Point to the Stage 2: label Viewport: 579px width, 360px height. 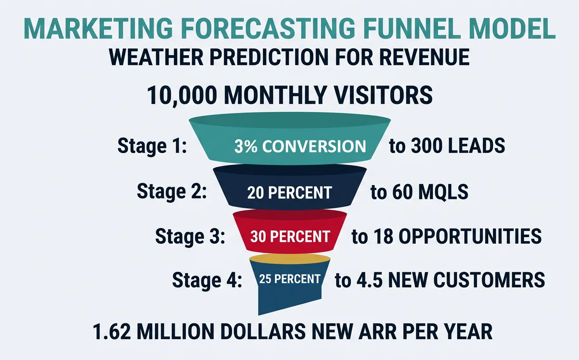[172, 192]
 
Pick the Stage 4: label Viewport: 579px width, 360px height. [207, 280]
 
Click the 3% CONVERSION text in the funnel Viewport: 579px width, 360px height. [300, 146]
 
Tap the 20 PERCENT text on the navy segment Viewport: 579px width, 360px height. [289, 192]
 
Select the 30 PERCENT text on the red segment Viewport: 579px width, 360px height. [289, 236]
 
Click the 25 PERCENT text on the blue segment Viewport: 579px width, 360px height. [289, 279]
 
